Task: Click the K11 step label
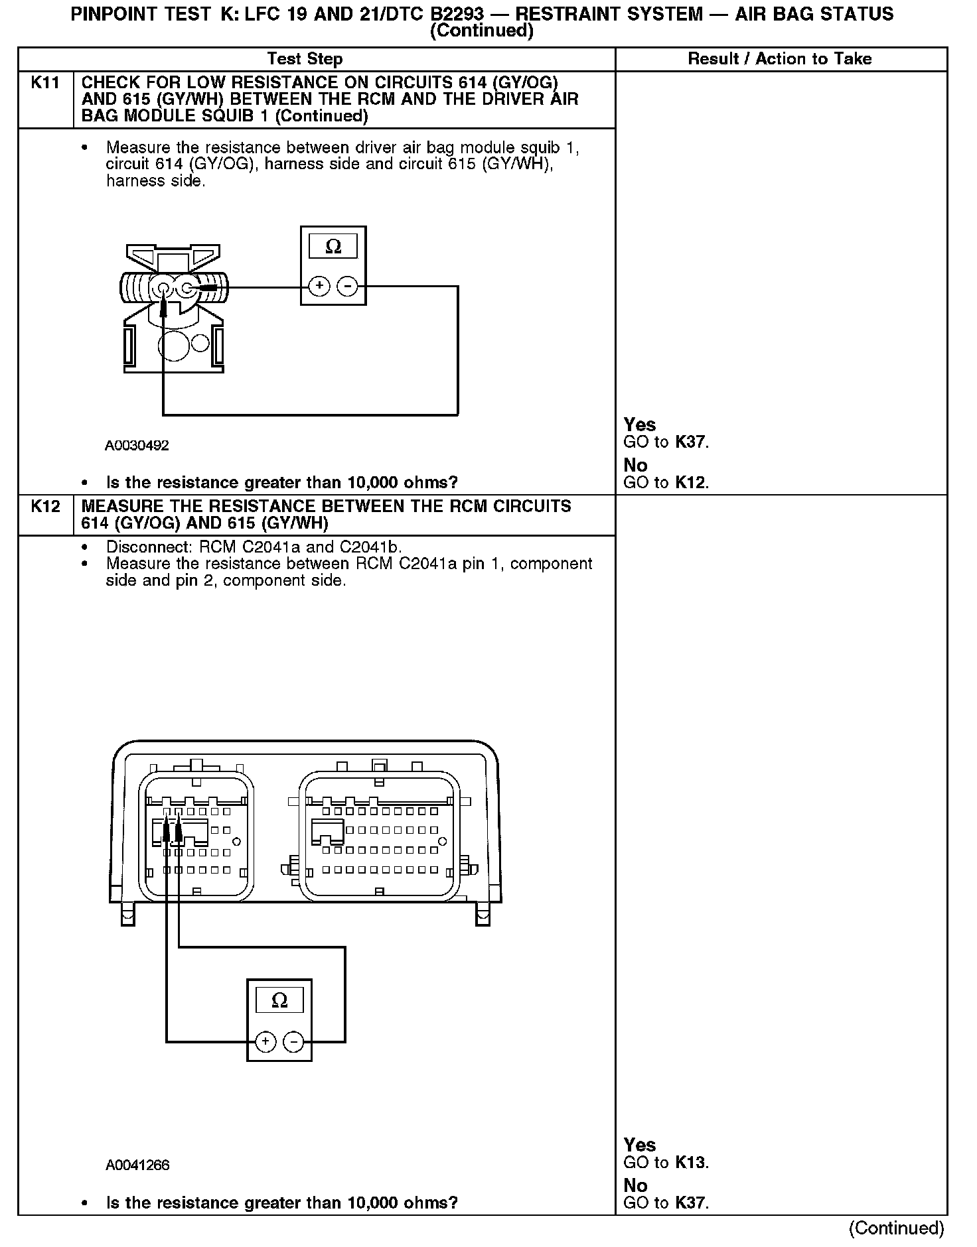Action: pyautogui.click(x=45, y=83)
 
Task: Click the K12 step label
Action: pyautogui.click(x=45, y=507)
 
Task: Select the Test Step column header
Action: pyautogui.click(x=305, y=59)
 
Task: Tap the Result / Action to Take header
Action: pyautogui.click(x=779, y=59)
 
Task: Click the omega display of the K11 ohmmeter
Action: pyautogui.click(x=333, y=247)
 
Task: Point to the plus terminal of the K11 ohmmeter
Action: pyautogui.click(x=319, y=287)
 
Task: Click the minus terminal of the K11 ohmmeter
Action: pyautogui.click(x=347, y=287)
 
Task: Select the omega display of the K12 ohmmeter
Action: pyautogui.click(x=279, y=1000)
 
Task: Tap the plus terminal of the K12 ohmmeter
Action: pyautogui.click(x=265, y=1041)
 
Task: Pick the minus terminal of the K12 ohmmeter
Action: pyautogui.click(x=293, y=1041)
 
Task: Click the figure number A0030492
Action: pyautogui.click(x=137, y=446)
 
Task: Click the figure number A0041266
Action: pyautogui.click(x=137, y=1165)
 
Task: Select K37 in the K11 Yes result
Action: pyautogui.click(x=690, y=442)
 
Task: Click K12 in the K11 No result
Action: pyautogui.click(x=690, y=483)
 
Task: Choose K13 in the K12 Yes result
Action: pyautogui.click(x=690, y=1163)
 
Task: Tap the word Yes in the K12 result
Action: pyautogui.click(x=639, y=1145)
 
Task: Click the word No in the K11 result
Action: pyautogui.click(x=635, y=465)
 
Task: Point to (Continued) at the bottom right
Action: pyautogui.click(x=896, y=1228)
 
